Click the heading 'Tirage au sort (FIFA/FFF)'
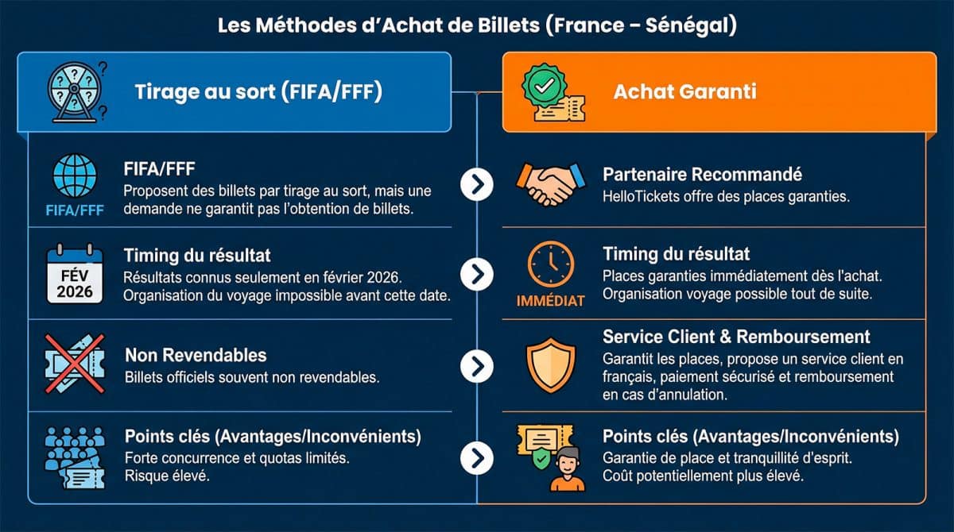tap(258, 92)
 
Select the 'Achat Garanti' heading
tap(684, 91)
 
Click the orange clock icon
tap(550, 267)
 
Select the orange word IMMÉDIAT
tap(550, 302)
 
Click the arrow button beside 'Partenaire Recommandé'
tap(477, 184)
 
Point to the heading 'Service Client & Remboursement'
tap(736, 337)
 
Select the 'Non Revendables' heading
tap(196, 355)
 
